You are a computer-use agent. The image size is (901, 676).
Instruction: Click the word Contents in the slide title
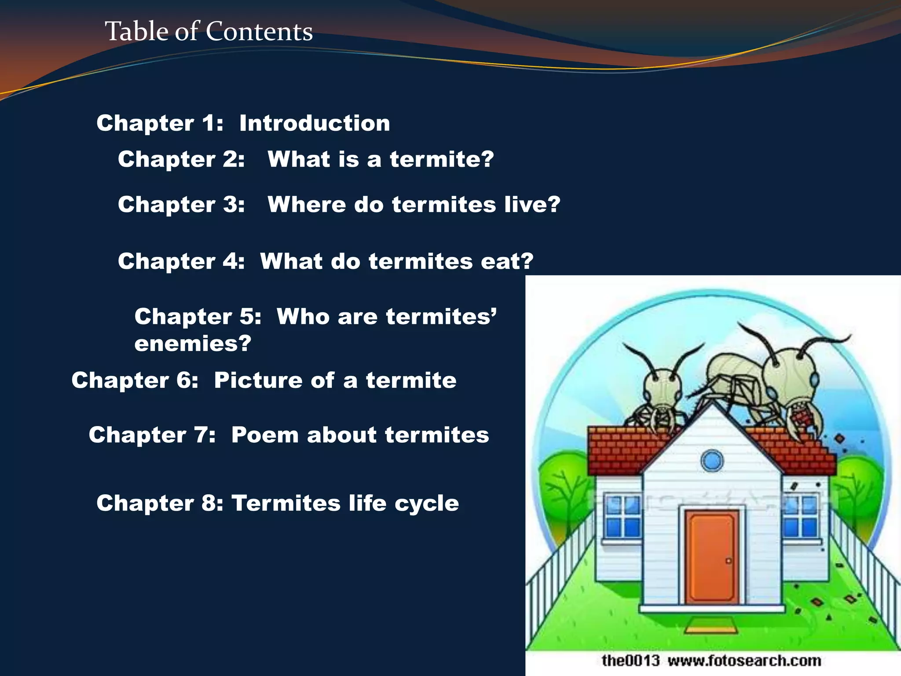click(259, 32)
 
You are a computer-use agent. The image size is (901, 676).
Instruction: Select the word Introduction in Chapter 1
click(314, 123)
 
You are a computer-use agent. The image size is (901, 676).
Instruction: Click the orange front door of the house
click(711, 556)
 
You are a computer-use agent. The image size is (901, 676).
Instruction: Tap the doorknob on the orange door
click(728, 561)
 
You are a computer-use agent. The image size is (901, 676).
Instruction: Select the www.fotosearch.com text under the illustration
click(744, 661)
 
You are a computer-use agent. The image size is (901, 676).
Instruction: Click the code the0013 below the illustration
click(630, 661)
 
